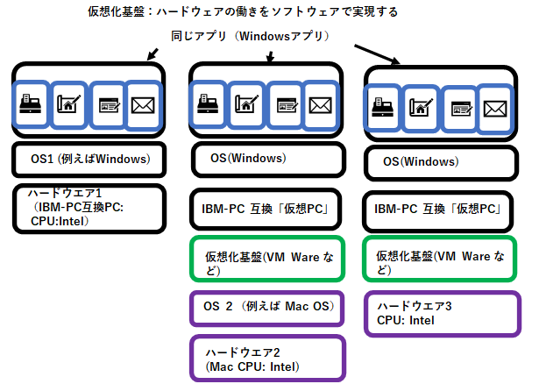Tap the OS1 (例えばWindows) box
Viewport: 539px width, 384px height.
coord(89,160)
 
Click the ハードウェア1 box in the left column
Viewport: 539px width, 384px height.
coord(89,208)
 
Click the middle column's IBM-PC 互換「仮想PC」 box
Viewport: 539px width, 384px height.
coord(265,210)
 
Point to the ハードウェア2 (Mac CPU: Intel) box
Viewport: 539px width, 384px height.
coord(265,358)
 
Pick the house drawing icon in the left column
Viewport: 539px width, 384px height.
coord(68,104)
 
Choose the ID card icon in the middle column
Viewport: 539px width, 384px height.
coord(285,104)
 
